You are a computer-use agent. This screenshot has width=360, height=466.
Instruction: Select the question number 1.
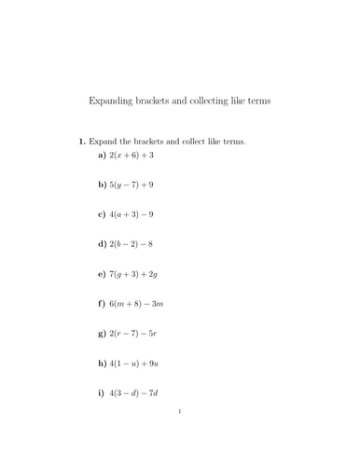tap(80, 141)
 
